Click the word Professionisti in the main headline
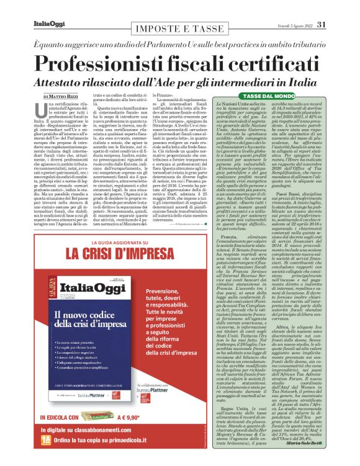click(x=117, y=63)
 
